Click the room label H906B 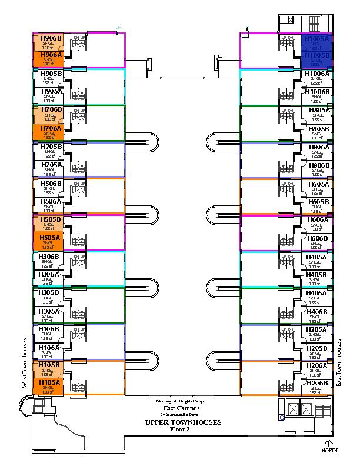pyautogui.click(x=51, y=38)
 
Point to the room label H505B pyautogui.click(x=51, y=219)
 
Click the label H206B pyautogui.click(x=317, y=384)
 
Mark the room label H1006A pyautogui.click(x=317, y=74)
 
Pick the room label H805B pyautogui.click(x=318, y=128)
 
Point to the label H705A pyautogui.click(x=51, y=165)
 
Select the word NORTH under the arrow pyautogui.click(x=329, y=451)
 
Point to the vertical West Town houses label pyautogui.click(x=25, y=362)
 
